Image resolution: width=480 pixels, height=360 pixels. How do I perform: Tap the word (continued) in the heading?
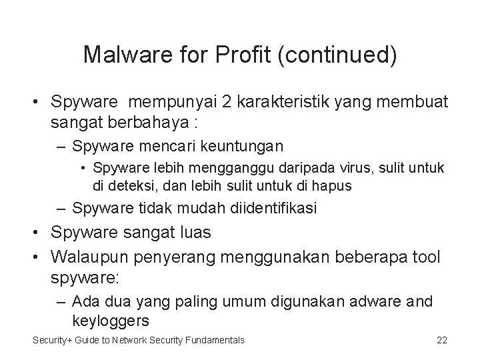[339, 55]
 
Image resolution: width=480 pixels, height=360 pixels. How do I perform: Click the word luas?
[194, 233]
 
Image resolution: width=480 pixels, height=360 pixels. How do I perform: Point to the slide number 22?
[441, 340]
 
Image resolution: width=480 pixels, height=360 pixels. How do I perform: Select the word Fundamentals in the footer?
[212, 340]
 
